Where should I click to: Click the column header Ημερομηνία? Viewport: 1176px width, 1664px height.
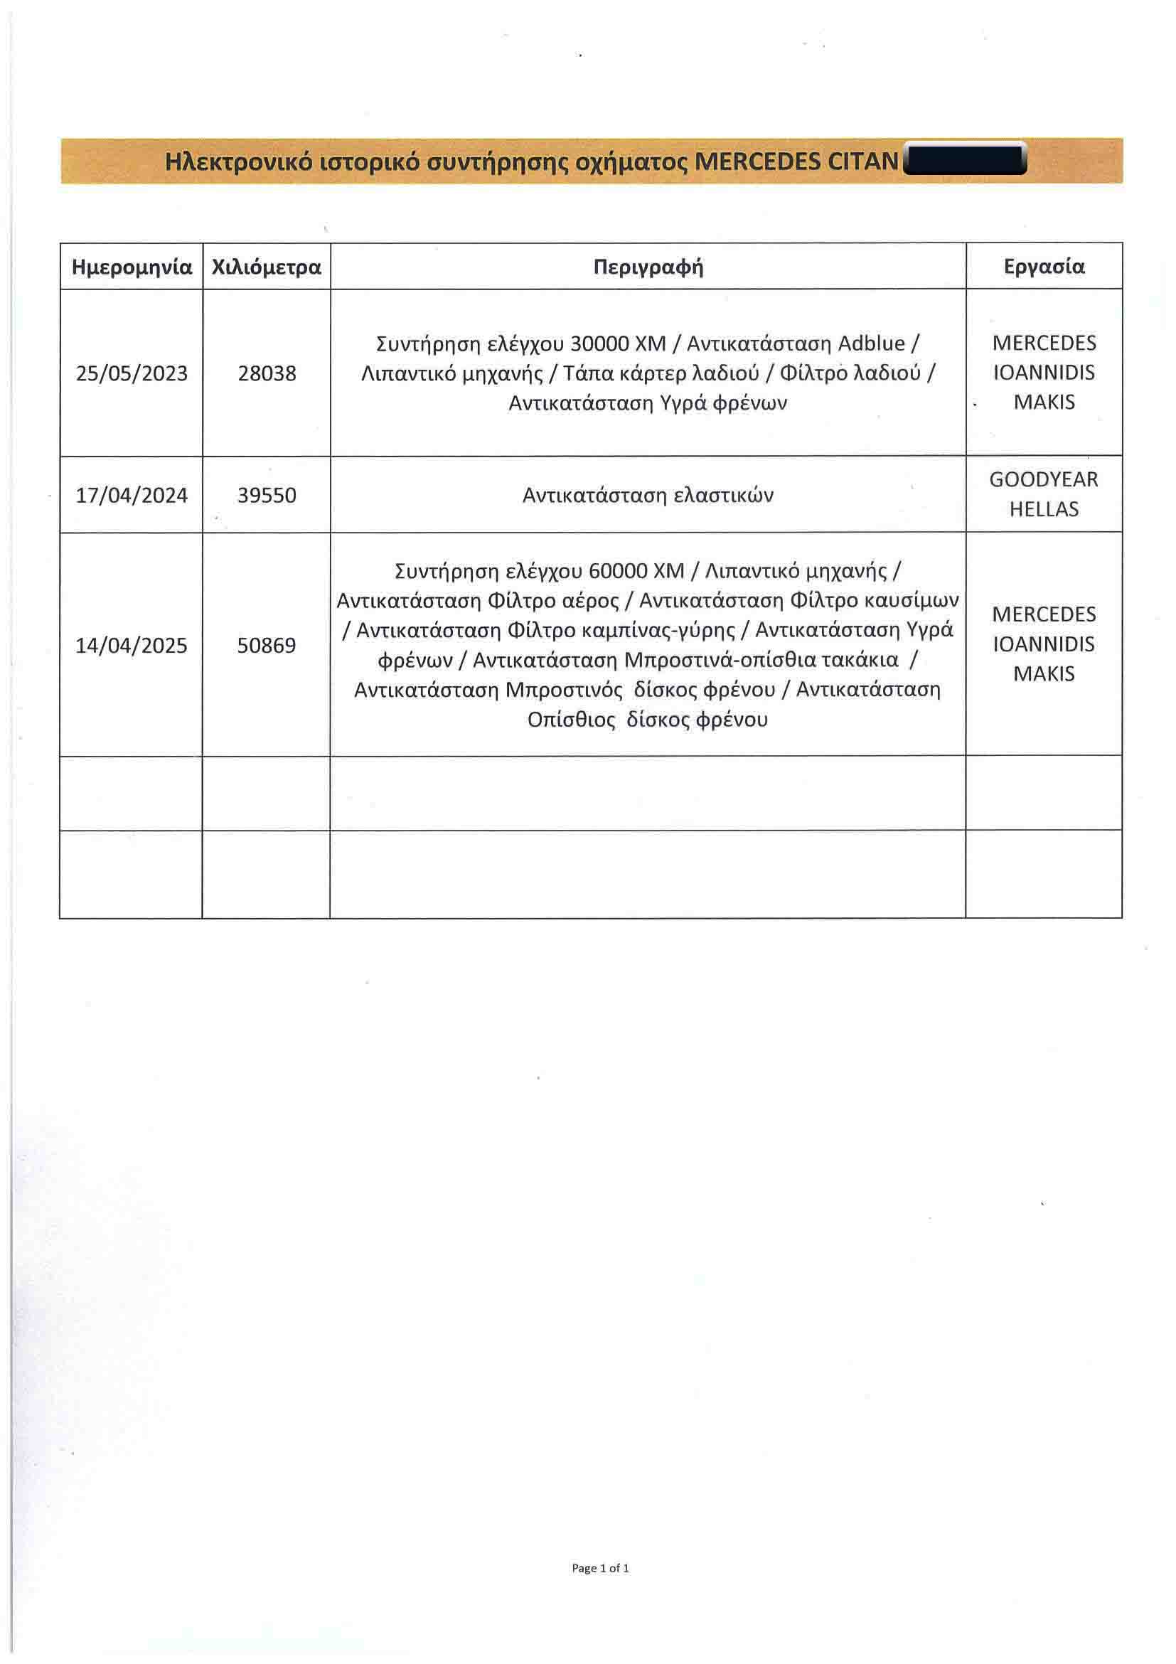click(131, 267)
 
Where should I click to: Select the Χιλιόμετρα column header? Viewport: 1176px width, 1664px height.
click(266, 267)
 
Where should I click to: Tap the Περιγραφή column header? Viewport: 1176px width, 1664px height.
click(648, 267)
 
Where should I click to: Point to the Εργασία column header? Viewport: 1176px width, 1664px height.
click(1044, 267)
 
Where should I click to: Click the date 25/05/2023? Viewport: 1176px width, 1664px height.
click(131, 373)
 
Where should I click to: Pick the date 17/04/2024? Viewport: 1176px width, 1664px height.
click(131, 496)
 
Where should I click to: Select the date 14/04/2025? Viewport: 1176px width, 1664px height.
click(131, 645)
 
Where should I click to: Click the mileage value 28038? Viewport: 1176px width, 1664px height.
click(267, 373)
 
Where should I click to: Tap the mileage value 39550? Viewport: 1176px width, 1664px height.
click(267, 496)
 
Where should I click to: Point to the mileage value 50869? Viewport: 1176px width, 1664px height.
click(267, 645)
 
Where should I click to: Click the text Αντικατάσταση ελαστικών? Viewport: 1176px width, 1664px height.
click(648, 496)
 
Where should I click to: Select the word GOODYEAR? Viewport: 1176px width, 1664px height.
click(1044, 480)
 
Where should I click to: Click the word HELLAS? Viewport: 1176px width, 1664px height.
click(1044, 509)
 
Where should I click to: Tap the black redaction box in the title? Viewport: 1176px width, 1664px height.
click(965, 160)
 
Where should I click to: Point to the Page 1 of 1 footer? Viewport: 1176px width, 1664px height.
click(600, 1567)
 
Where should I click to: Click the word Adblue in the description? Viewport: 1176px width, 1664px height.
click(871, 343)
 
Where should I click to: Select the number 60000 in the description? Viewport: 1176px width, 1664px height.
click(617, 571)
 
